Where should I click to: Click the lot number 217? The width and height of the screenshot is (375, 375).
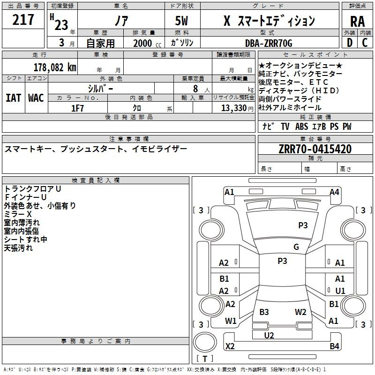tap(24, 20)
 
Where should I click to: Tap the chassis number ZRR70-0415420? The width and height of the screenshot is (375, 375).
tap(315, 149)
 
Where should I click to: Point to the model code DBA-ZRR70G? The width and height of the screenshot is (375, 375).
tap(269, 44)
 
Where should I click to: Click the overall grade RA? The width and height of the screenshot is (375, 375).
tap(357, 22)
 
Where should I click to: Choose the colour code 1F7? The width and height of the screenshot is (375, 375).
tap(77, 108)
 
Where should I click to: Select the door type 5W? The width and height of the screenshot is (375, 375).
tap(181, 21)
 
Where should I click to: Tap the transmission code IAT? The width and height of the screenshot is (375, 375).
tap(13, 97)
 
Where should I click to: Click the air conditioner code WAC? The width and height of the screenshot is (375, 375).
tap(36, 97)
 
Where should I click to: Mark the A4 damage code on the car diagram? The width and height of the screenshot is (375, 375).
tap(334, 192)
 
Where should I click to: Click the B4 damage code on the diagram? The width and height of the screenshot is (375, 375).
tap(334, 346)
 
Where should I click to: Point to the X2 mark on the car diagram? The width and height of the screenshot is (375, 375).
tap(230, 346)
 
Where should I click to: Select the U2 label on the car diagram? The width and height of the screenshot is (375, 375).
tap(269, 335)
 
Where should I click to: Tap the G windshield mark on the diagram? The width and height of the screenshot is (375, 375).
tap(296, 247)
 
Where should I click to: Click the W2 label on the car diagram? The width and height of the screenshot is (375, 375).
tap(300, 312)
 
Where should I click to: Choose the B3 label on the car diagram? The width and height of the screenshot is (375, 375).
tap(264, 312)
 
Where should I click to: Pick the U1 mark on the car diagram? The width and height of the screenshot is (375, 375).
tap(340, 291)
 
